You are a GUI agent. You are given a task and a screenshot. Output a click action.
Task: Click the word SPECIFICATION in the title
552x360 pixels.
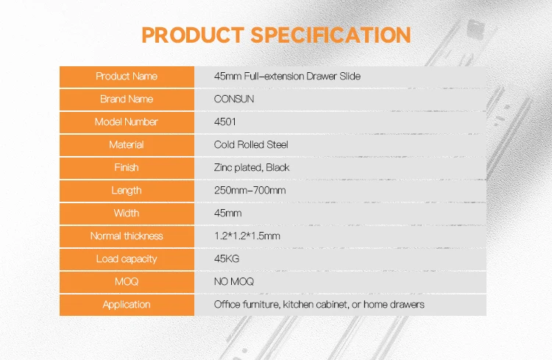(330, 35)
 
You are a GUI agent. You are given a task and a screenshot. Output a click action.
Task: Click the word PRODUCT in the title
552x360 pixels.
(193, 35)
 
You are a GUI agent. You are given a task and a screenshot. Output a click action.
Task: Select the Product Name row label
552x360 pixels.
(127, 77)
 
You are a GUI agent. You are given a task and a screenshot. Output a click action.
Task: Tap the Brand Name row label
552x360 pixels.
(127, 99)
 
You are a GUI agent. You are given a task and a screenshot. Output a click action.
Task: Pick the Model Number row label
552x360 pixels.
(127, 122)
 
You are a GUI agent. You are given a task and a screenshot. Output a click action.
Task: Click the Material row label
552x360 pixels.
(127, 145)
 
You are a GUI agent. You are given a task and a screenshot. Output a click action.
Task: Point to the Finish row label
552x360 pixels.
(127, 168)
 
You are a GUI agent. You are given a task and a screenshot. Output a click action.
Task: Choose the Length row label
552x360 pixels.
(127, 191)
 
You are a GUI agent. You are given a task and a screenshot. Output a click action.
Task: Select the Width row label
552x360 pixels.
(127, 213)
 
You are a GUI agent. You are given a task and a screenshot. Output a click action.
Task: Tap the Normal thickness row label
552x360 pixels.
(127, 236)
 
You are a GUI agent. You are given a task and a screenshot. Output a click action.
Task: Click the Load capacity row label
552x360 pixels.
(127, 259)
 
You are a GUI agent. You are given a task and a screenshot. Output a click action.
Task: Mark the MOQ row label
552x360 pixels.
(127, 282)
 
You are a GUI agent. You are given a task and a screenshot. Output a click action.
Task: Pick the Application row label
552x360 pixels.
(127, 305)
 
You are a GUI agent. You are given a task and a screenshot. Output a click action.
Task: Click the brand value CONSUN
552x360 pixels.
(233, 99)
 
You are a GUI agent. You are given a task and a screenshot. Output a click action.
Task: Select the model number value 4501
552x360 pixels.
(224, 122)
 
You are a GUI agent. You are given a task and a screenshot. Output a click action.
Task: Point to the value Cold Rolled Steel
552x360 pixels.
(251, 145)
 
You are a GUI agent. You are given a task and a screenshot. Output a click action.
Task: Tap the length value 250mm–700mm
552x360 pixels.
(250, 191)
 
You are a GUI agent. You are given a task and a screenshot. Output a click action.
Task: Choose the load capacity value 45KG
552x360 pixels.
(227, 259)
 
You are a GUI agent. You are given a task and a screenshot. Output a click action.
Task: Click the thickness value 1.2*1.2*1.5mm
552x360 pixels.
(247, 236)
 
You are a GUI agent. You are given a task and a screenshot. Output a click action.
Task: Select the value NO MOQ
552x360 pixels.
(234, 282)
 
